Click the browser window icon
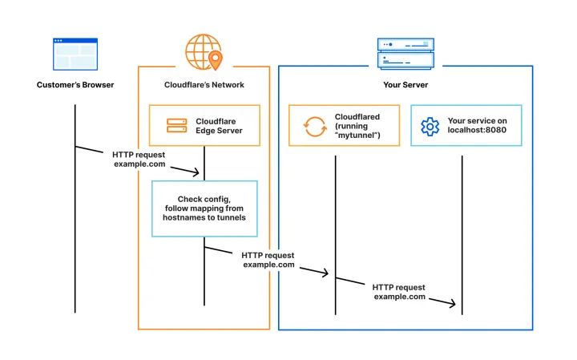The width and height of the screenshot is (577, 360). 75,54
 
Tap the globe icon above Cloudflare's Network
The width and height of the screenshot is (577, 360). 201,51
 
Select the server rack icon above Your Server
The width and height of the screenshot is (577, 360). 405,53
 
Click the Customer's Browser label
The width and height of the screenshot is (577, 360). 75,85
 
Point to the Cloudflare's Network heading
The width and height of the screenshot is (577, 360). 204,85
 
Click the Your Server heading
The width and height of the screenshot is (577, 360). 405,85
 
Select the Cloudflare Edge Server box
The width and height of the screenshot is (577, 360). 204,125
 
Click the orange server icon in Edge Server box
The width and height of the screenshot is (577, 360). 176,126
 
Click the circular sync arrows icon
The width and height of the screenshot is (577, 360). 312,126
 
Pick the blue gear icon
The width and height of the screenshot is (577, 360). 430,126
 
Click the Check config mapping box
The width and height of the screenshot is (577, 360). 204,208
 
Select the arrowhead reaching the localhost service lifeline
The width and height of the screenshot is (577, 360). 453,304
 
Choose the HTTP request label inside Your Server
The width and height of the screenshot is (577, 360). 398,291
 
